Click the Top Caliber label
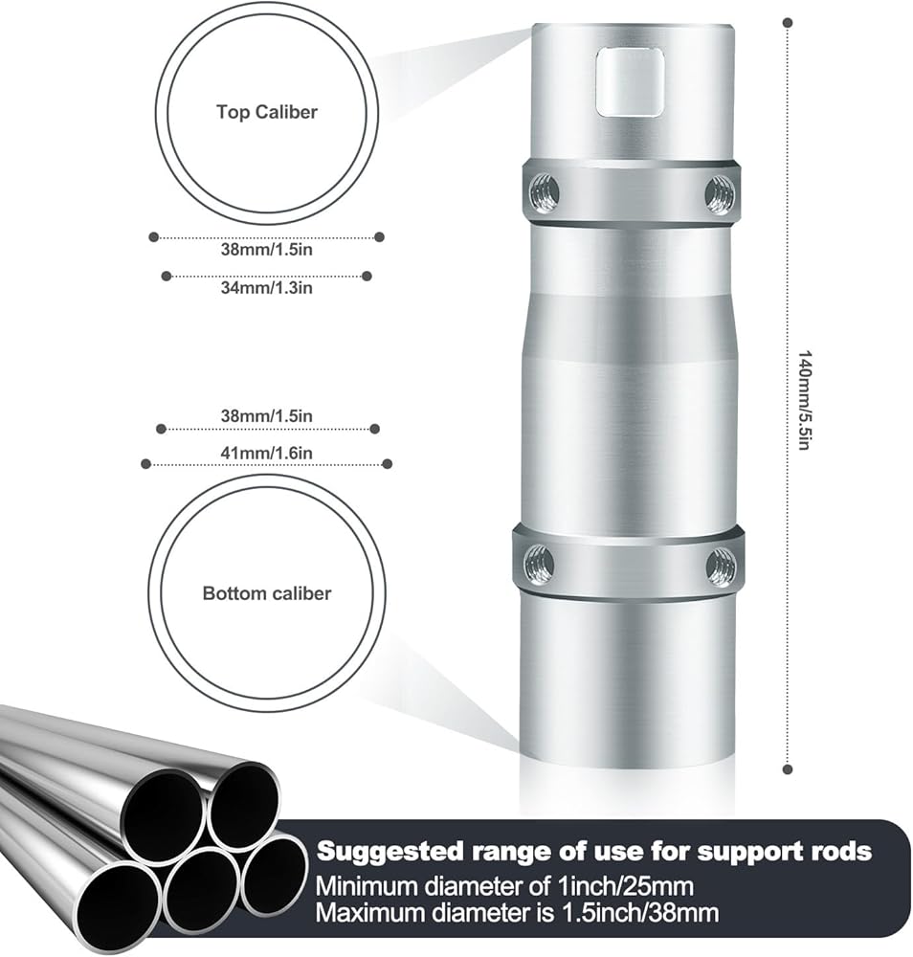[266, 112]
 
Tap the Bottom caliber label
[266, 593]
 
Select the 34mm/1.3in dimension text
[266, 286]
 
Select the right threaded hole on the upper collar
[719, 195]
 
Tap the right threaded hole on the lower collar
[721, 568]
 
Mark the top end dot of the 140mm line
[787, 21]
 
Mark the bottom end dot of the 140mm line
[787, 768]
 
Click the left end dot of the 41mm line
[145, 464]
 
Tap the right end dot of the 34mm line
[367, 277]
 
